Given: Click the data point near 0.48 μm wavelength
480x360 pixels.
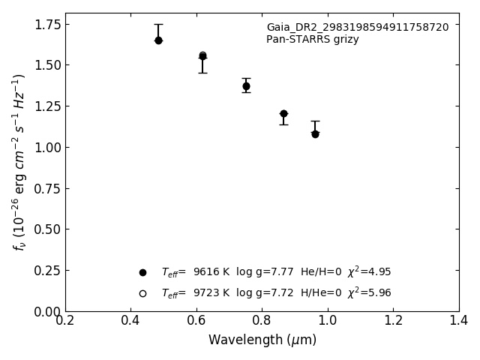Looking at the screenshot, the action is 158,40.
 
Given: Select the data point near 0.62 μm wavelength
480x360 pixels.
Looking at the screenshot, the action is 202,56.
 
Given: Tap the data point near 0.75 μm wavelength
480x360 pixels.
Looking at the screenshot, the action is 246,86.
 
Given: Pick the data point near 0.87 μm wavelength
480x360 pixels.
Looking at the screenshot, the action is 283,114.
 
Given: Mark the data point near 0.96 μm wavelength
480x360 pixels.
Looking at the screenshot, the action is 315,134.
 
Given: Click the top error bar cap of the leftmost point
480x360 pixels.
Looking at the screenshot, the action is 158,24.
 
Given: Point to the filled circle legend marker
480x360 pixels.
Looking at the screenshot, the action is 142,272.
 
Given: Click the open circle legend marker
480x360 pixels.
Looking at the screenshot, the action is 142,293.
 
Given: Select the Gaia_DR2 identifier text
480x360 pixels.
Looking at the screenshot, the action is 358,27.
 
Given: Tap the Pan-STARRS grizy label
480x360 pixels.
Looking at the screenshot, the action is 312,39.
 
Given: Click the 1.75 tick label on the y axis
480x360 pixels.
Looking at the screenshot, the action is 48,25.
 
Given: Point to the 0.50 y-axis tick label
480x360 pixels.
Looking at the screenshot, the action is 48,229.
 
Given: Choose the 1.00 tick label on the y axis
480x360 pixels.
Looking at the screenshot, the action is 48,148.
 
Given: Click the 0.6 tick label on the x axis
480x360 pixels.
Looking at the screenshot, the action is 196,320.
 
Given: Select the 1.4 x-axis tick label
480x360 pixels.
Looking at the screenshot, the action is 458,320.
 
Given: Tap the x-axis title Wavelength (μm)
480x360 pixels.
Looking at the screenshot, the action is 262,340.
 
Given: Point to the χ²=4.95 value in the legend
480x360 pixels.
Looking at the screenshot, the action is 370,271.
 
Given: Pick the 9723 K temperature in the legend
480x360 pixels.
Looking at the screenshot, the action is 211,293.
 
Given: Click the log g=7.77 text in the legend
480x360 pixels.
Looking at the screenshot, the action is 265,271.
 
